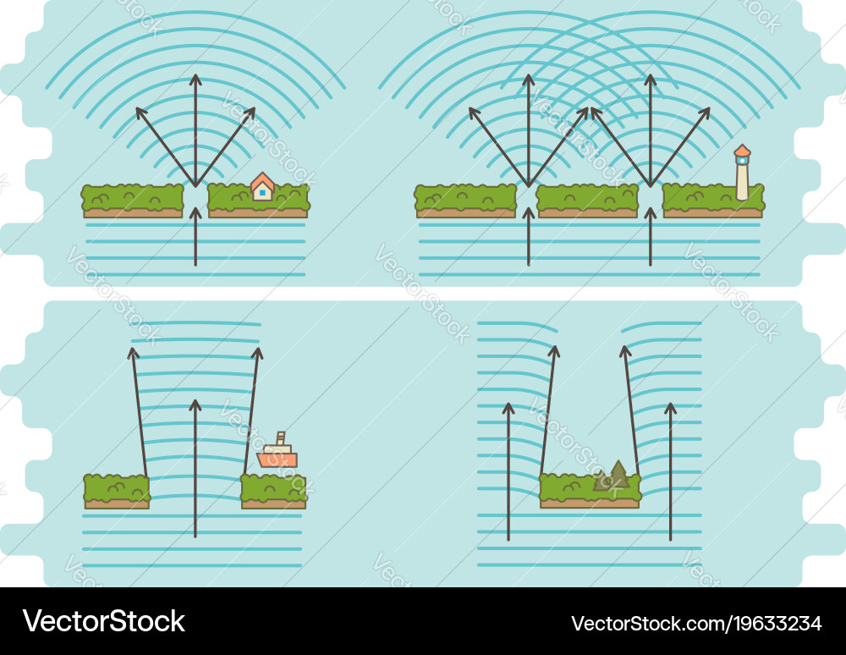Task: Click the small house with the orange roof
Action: (x=263, y=187)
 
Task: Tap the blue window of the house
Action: (x=263, y=192)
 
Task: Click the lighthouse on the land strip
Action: (x=743, y=173)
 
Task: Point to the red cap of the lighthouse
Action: (x=743, y=150)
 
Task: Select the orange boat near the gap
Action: (x=277, y=450)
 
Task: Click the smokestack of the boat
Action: (x=281, y=438)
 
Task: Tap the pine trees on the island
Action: (x=613, y=476)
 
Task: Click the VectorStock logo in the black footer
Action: (x=103, y=621)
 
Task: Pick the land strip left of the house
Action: (x=133, y=201)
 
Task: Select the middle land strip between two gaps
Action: (x=588, y=201)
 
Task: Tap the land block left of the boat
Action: (x=117, y=492)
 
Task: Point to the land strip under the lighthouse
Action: (x=713, y=201)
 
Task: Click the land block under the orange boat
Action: (x=273, y=492)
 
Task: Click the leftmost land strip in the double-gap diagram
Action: (x=465, y=201)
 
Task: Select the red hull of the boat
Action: (x=277, y=460)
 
